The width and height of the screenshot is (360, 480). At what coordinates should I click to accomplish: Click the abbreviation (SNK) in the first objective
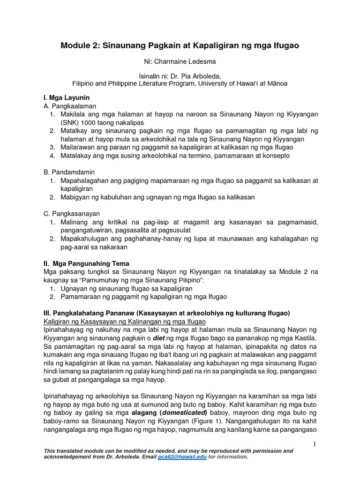(69, 122)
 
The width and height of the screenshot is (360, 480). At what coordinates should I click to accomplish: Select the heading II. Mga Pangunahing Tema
(86, 263)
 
